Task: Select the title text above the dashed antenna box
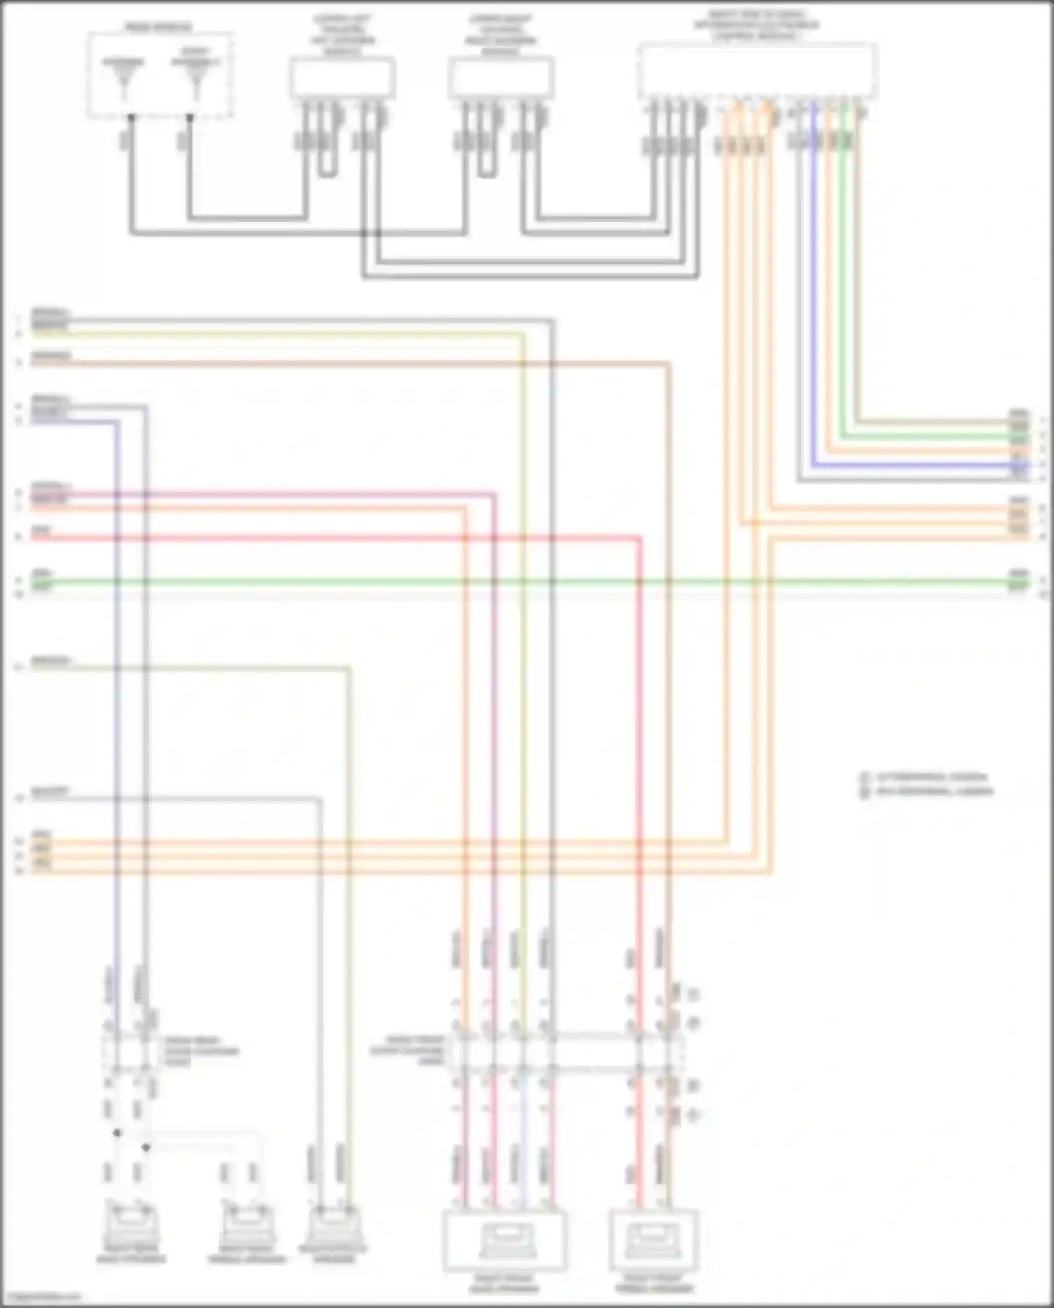158,27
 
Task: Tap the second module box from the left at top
342,78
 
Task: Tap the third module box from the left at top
501,78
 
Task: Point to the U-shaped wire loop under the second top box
327,169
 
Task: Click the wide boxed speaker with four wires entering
504,1241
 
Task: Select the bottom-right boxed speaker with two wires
653,1241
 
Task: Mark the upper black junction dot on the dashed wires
117,1133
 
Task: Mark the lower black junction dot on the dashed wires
145,1148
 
